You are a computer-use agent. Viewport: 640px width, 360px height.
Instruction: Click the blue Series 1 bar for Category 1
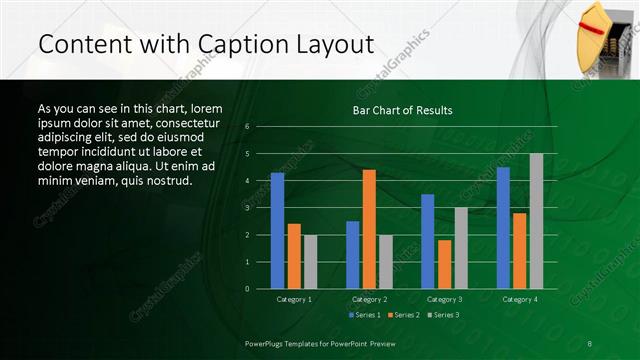coord(277,231)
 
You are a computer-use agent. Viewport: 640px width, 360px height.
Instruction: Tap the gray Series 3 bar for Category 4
coord(536,221)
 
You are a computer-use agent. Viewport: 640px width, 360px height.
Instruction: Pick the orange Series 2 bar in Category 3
coord(444,264)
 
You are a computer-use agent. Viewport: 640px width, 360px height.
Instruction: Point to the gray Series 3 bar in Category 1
coord(310,262)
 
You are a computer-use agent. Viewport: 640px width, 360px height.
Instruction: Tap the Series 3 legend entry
coord(442,315)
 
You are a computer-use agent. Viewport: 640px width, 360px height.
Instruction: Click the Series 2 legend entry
coord(403,315)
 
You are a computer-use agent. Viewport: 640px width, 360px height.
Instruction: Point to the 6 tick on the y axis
coord(247,127)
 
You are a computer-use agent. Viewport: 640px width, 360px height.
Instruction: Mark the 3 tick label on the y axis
coord(247,208)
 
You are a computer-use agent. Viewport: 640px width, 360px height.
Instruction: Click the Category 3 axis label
coord(444,299)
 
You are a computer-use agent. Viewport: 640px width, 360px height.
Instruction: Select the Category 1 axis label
coord(294,299)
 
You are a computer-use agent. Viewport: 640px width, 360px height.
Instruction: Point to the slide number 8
coord(590,343)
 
